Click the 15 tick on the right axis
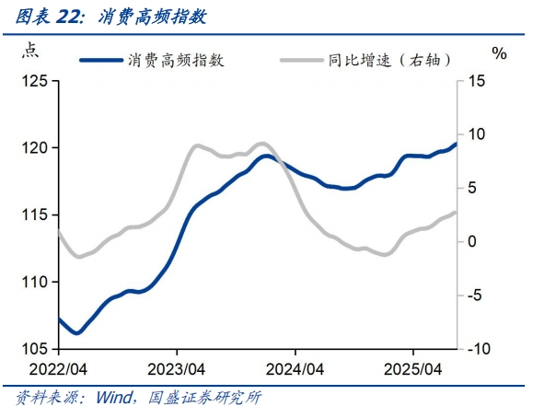point(476,81)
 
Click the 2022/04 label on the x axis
point(58,368)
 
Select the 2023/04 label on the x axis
point(177,368)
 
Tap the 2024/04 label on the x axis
point(295,368)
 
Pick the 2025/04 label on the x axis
point(413,368)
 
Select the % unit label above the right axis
point(500,53)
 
